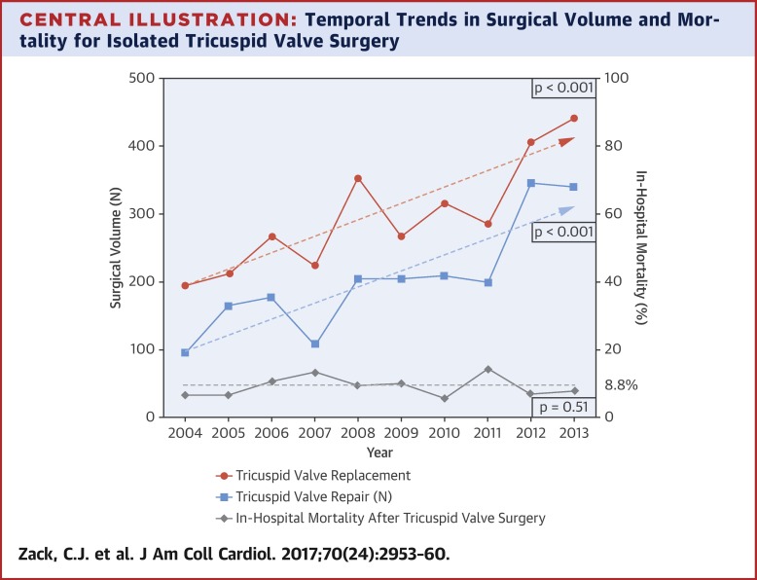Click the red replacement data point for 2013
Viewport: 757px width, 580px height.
pyautogui.click(x=574, y=118)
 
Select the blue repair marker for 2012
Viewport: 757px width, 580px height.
pyautogui.click(x=530, y=183)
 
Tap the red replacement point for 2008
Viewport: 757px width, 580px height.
pyautogui.click(x=358, y=178)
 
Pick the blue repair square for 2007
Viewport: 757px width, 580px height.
pyautogui.click(x=314, y=344)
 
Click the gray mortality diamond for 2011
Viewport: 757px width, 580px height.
pyautogui.click(x=487, y=369)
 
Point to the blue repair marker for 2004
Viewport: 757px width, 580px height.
pyautogui.click(x=185, y=352)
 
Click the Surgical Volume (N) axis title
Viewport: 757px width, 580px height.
pyautogui.click(x=116, y=247)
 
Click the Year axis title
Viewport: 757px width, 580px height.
pyautogui.click(x=379, y=453)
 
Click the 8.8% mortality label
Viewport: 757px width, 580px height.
pyautogui.click(x=620, y=385)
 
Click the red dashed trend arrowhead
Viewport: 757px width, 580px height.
pyautogui.click(x=567, y=141)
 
